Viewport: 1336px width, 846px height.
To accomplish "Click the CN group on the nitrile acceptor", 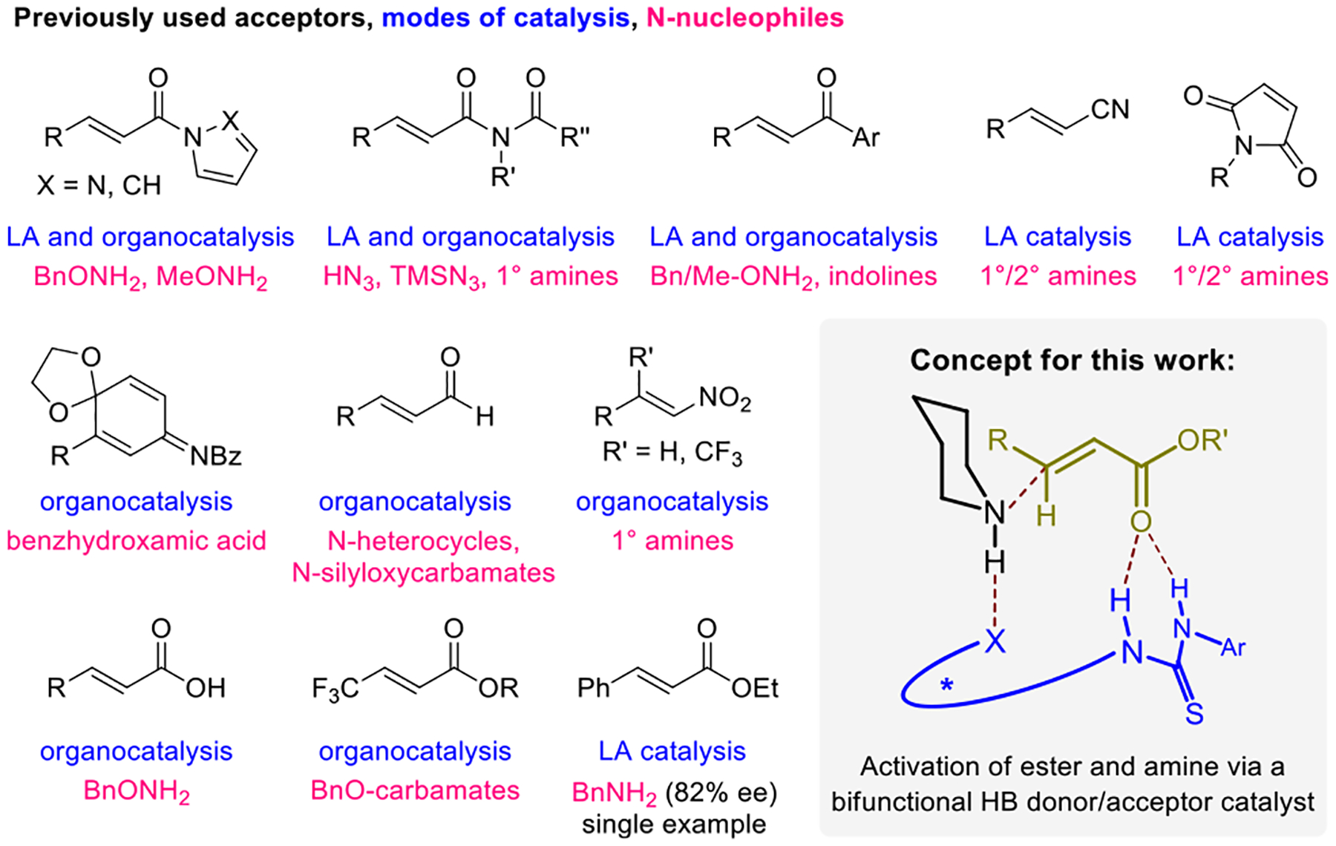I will pos(1110,110).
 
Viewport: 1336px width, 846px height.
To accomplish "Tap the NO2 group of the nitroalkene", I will pos(724,399).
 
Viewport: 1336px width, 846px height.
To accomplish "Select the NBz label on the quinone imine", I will pos(215,456).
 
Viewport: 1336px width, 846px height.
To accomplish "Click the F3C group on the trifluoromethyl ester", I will pos(335,689).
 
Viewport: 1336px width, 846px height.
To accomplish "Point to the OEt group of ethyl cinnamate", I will pos(754,689).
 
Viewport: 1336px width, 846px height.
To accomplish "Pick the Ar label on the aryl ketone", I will pos(865,137).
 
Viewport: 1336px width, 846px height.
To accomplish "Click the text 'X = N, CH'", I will pos(99,185).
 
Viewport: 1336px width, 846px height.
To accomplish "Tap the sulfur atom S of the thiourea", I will pos(1193,714).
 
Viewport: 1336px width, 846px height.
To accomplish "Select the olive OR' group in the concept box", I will pos(1202,441).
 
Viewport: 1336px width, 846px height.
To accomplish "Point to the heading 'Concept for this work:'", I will pos(1072,360).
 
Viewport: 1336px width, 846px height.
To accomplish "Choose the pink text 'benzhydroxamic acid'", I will pos(137,540).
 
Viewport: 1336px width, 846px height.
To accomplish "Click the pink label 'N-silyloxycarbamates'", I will pos(423,573).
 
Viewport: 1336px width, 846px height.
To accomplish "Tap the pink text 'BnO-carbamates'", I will pos(415,790).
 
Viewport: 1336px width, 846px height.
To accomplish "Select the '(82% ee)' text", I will pos(721,793).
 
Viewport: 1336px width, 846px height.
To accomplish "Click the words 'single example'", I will pos(674,824).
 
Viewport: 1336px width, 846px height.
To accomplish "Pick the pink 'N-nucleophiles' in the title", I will pos(744,18).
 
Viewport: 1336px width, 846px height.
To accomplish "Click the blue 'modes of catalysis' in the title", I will pos(505,18).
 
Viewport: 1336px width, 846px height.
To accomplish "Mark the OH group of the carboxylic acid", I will pos(206,689).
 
